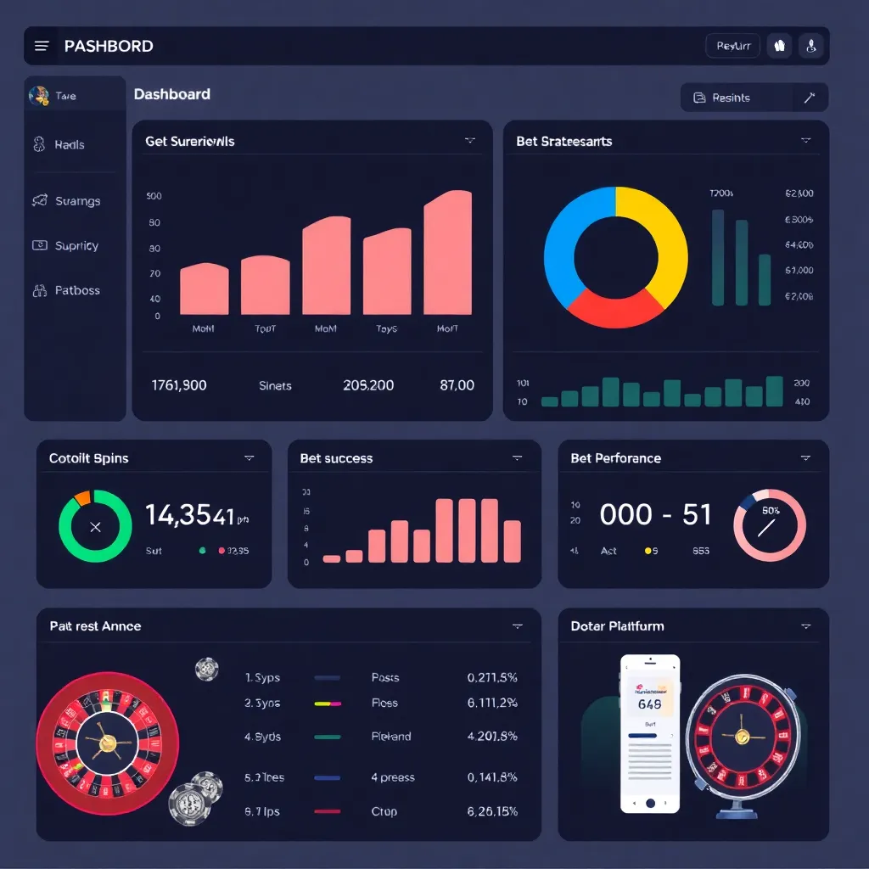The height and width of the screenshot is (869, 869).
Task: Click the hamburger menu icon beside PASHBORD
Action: click(x=42, y=46)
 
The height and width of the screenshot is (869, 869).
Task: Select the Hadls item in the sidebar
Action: click(x=69, y=145)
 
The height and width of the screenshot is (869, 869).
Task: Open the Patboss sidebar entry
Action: click(x=76, y=290)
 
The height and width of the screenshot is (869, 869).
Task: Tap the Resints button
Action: click(x=730, y=98)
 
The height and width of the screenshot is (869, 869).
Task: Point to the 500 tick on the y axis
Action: click(x=154, y=196)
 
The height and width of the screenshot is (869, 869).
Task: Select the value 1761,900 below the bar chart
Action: click(x=179, y=385)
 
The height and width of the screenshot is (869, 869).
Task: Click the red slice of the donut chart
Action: click(x=613, y=307)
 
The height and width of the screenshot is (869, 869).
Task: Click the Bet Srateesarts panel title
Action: click(x=563, y=142)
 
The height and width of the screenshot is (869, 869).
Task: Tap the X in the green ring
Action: click(x=95, y=527)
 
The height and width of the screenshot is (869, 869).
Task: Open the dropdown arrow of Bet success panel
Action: click(x=517, y=458)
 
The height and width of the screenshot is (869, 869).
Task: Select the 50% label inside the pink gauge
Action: click(x=771, y=511)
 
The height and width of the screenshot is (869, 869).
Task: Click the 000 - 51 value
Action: click(x=655, y=514)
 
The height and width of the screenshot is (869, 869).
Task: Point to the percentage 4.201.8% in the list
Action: click(x=492, y=737)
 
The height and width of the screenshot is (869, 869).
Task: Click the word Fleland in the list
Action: click(x=390, y=737)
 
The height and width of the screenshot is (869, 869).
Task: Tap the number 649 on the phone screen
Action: click(x=649, y=704)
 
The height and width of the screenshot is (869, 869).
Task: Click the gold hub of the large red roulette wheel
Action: click(x=108, y=743)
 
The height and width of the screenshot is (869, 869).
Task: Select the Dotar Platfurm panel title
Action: click(x=617, y=626)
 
